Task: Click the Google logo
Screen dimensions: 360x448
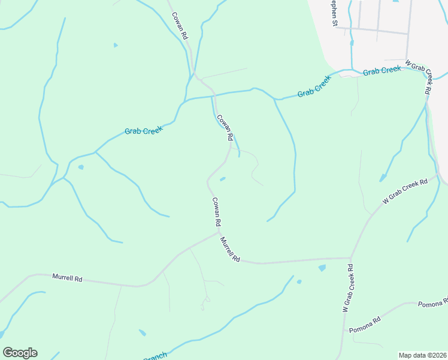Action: point(20,353)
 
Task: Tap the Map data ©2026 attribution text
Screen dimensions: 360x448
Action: point(422,355)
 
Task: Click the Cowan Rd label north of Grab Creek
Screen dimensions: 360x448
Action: point(180,26)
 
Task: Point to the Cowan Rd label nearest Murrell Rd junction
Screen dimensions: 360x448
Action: point(216,211)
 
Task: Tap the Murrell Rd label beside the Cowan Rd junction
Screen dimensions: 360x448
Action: point(230,250)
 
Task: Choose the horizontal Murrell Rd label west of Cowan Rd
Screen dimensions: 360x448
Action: point(67,278)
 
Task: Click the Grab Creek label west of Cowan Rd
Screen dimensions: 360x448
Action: point(144,130)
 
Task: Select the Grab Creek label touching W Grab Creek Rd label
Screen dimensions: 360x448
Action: point(382,71)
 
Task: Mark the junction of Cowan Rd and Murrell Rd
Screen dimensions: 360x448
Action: point(219,232)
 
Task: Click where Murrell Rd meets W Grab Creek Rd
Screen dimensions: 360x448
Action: point(350,259)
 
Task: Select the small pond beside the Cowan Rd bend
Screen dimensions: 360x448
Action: point(223,178)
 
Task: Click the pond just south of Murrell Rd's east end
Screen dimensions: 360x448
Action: point(322,268)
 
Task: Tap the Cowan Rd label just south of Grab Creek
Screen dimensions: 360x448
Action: point(225,128)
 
